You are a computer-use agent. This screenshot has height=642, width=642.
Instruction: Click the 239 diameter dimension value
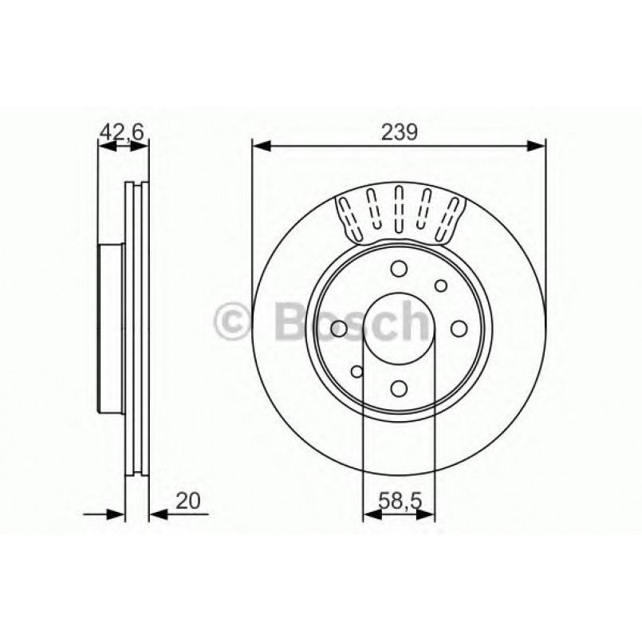click(x=399, y=132)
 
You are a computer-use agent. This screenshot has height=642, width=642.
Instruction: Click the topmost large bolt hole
click(x=400, y=269)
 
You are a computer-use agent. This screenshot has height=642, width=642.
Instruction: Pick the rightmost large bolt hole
click(x=459, y=328)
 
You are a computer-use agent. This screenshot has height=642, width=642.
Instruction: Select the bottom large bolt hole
click(x=400, y=387)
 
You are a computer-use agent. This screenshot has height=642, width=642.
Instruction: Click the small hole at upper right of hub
click(x=441, y=286)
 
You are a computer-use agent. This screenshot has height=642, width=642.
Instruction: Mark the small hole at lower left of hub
click(x=357, y=371)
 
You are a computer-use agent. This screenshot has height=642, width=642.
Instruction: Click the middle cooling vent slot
click(x=399, y=210)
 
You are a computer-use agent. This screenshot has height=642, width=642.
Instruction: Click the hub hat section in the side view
click(x=112, y=328)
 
